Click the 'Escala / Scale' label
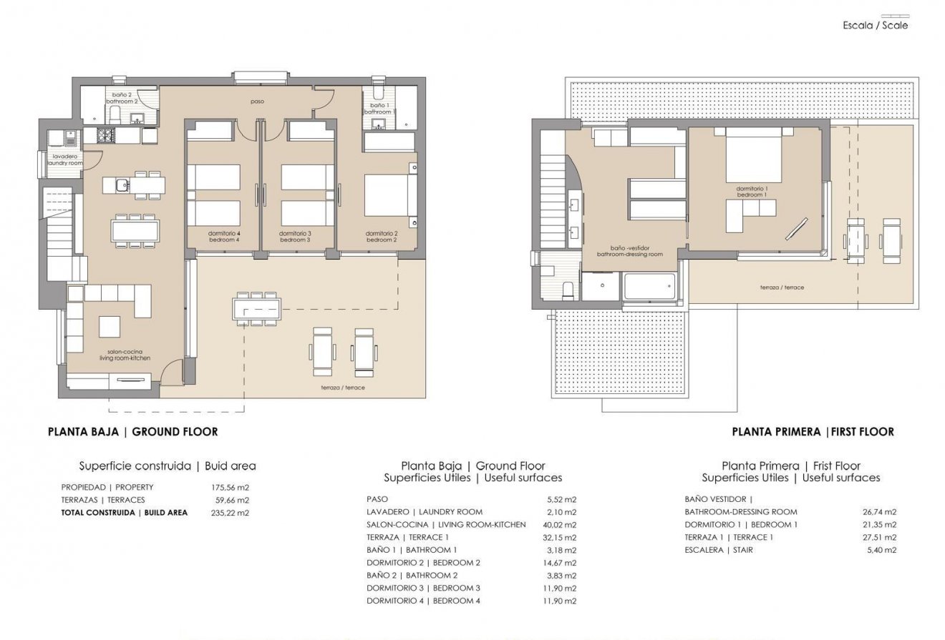click(x=875, y=25)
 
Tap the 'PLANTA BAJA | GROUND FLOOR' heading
click(x=132, y=432)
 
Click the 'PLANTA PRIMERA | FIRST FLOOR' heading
click(x=813, y=432)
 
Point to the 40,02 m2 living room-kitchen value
click(x=561, y=524)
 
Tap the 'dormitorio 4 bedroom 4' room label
click(x=224, y=237)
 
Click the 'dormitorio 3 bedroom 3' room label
click(x=295, y=237)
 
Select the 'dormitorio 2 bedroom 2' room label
click(x=381, y=237)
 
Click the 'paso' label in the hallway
click(x=257, y=102)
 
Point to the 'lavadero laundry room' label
click(x=64, y=159)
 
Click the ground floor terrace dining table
click(x=257, y=309)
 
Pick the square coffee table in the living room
click(x=110, y=327)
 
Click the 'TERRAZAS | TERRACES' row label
click(x=103, y=500)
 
